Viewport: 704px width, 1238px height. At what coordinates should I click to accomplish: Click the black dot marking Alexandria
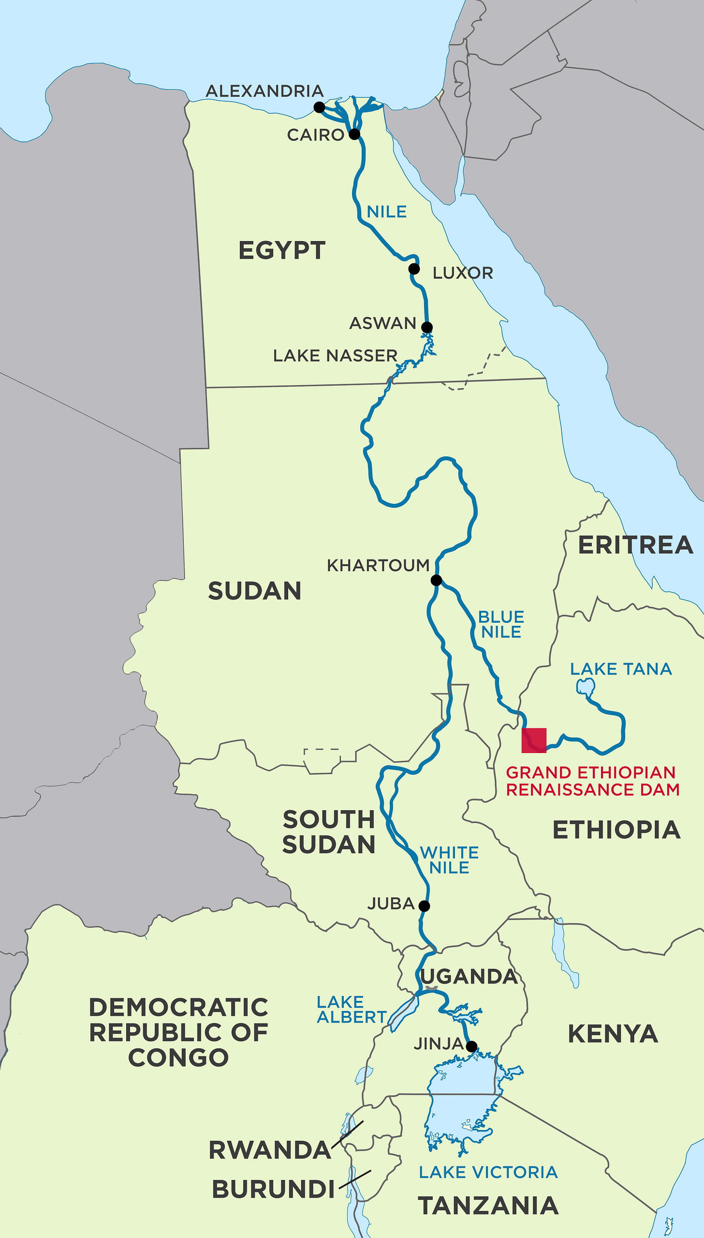(319, 107)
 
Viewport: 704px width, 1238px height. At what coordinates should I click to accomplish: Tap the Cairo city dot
(354, 134)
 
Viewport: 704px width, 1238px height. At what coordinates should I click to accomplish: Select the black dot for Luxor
(414, 269)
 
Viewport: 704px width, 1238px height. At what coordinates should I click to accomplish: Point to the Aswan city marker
(426, 327)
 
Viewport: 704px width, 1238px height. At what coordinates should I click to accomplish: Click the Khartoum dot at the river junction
(436, 580)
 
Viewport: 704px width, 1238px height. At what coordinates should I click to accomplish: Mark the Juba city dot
(424, 906)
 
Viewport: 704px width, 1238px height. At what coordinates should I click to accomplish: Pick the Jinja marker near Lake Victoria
(471, 1046)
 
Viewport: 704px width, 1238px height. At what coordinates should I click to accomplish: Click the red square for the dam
(534, 740)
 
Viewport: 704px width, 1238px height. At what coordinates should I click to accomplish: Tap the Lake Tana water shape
(585, 686)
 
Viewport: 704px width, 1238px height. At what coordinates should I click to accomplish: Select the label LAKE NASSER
(335, 356)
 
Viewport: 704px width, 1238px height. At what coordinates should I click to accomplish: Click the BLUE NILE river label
(501, 624)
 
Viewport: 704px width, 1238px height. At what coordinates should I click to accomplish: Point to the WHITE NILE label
(449, 860)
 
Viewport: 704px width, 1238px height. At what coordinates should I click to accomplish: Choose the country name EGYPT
(282, 251)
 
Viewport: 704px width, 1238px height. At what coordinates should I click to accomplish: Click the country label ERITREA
(635, 545)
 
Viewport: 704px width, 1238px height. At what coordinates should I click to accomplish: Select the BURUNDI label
(273, 1189)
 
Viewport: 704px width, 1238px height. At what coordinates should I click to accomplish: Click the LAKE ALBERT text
(352, 1010)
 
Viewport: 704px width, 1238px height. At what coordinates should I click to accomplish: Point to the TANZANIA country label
(488, 1206)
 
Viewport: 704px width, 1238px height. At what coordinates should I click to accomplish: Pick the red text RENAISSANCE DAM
(592, 789)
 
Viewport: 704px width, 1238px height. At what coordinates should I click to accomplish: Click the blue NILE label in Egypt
(386, 212)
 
